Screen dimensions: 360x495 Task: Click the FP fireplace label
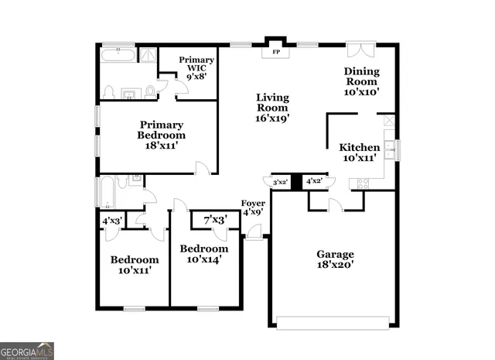pyautogui.click(x=275, y=53)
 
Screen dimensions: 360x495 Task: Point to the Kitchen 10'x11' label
pyautogui.click(x=360, y=153)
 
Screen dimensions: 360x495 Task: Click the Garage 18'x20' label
pyautogui.click(x=335, y=259)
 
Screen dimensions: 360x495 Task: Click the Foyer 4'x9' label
pyautogui.click(x=253, y=207)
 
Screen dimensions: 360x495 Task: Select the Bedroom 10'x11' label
pyautogui.click(x=134, y=265)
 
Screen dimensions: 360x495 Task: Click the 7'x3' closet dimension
pyautogui.click(x=215, y=221)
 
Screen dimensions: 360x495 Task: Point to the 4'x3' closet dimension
pyautogui.click(x=113, y=221)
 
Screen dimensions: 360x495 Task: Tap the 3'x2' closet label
pyautogui.click(x=281, y=183)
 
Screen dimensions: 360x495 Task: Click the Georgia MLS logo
pyautogui.click(x=27, y=350)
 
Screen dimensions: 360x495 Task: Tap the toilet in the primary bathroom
pyautogui.click(x=110, y=91)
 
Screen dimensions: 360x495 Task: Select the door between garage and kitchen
pyautogui.click(x=335, y=204)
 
